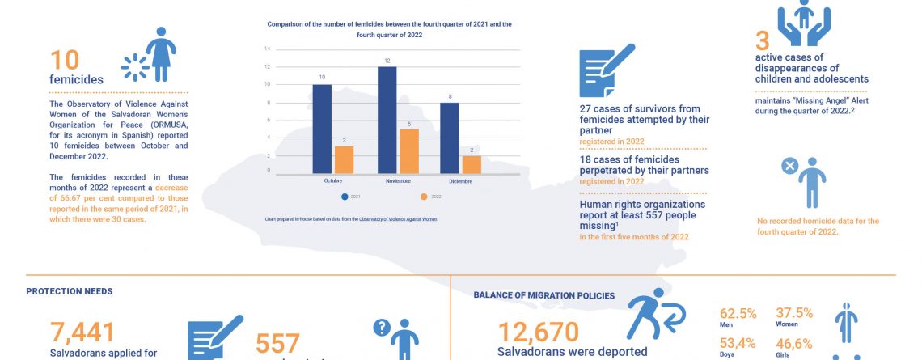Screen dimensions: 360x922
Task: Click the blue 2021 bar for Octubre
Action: pos(322,129)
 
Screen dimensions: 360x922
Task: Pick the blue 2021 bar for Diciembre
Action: pos(450,138)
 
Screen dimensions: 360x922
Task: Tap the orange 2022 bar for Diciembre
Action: pos(472,164)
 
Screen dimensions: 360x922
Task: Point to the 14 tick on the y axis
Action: pos(267,48)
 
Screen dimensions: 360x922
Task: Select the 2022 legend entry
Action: pos(428,197)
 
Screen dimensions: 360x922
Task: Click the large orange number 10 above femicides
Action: pos(66,61)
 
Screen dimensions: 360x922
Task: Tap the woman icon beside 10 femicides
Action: pos(159,54)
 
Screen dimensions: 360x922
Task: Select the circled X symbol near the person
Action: pos(790,166)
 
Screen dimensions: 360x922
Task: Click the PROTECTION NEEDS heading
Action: pos(70,291)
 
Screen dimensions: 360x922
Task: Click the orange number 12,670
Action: pos(538,332)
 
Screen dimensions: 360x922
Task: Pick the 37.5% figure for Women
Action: pos(794,313)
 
